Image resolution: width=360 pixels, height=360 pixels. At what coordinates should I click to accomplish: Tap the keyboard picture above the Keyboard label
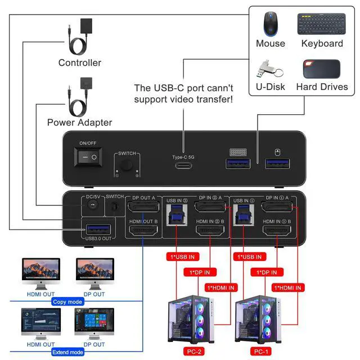point(322,24)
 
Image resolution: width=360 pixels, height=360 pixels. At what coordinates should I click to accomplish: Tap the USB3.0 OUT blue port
point(97,229)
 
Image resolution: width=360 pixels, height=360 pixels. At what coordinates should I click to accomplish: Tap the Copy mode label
point(67,302)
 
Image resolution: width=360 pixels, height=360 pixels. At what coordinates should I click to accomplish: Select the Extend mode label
point(67,352)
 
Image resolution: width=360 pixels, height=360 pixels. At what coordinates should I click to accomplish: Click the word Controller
point(80,62)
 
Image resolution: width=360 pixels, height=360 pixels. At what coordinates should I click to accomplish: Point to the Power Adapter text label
point(79,122)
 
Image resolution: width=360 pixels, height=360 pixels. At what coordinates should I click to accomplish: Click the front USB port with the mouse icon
point(276,164)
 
